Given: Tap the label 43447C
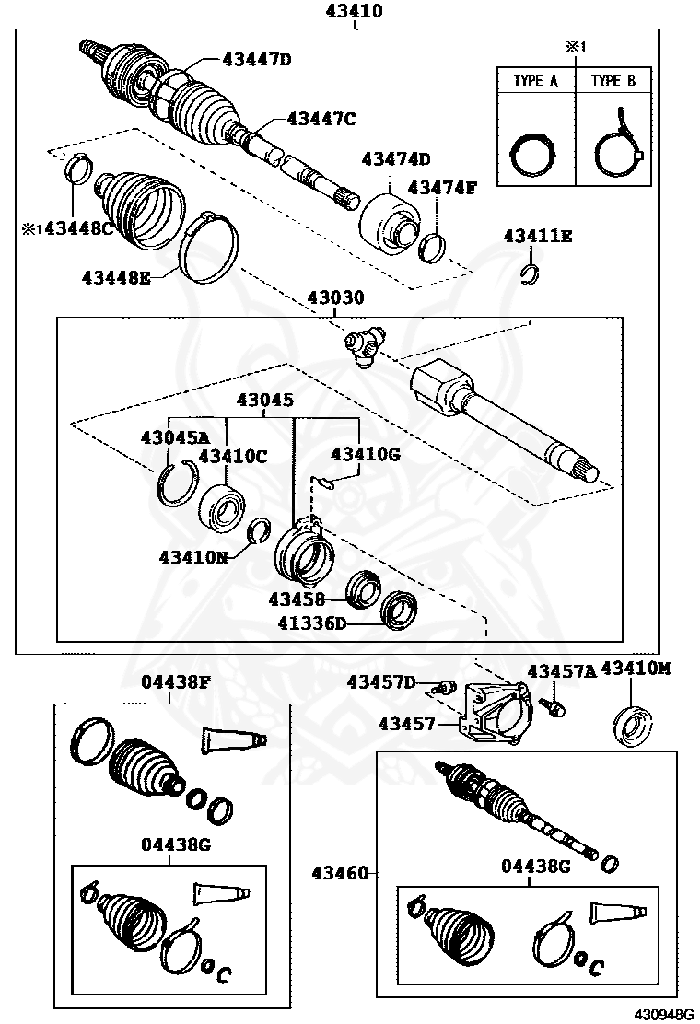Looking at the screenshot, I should pos(321,118).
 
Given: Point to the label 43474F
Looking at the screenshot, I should pos(442,188).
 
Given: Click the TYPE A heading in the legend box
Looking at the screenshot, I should pos(535,81).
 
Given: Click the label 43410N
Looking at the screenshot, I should pos(192,557).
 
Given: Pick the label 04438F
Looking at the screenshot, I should pos(176,682).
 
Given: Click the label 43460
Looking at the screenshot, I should pos(339,872).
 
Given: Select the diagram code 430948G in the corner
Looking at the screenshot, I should pos(661,1014).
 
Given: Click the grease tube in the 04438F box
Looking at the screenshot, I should pos(233,739).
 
